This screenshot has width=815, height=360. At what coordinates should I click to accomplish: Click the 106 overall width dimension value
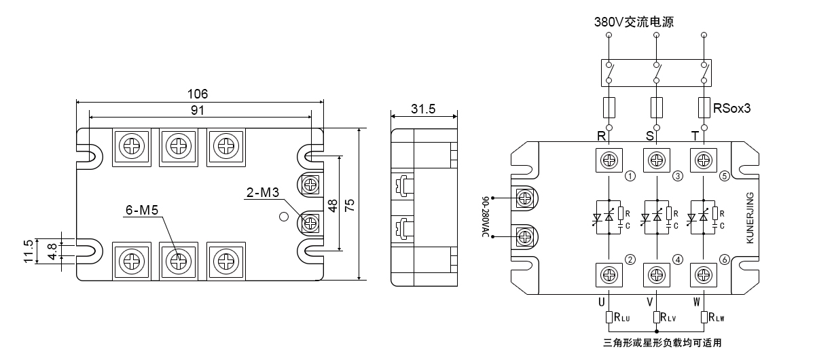(x=197, y=94)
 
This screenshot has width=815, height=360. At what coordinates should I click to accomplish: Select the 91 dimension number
(x=198, y=110)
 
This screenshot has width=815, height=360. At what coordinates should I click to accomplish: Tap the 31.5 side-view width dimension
(x=423, y=109)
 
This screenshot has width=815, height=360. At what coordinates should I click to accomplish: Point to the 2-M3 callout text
(x=263, y=192)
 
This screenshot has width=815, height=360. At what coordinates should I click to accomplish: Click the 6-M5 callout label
(x=142, y=210)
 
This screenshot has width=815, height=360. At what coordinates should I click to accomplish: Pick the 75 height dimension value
(x=349, y=205)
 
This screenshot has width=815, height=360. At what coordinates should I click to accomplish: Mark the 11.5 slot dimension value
(x=29, y=251)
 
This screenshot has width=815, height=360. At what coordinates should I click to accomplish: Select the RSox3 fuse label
(x=731, y=108)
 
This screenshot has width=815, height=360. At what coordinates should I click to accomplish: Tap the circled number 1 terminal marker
(x=630, y=176)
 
